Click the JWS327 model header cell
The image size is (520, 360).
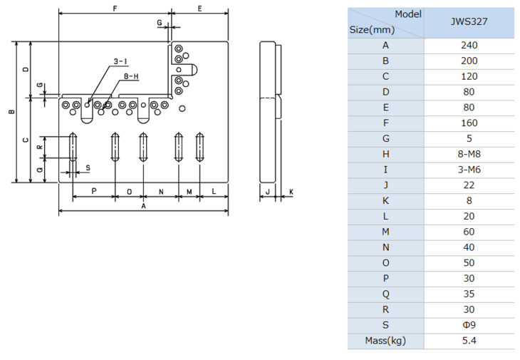[x=469, y=22]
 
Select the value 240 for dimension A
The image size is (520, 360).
[x=469, y=45]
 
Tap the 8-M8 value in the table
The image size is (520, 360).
[x=469, y=154]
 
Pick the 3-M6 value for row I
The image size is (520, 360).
[x=469, y=170]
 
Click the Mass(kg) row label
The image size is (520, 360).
[x=385, y=341]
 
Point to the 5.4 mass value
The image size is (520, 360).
[x=469, y=341]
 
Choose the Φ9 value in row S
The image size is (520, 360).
[x=469, y=325]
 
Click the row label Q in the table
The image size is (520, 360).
[x=385, y=294]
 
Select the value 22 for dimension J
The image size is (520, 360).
[x=469, y=185]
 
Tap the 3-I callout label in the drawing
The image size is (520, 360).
[x=120, y=61]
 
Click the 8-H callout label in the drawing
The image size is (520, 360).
[x=131, y=76]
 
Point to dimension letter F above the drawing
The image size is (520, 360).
[x=115, y=9]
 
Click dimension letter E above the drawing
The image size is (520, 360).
[x=199, y=9]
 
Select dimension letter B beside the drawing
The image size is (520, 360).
[x=12, y=112]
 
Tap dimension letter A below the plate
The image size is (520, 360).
[x=143, y=206]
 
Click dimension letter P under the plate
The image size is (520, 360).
[x=94, y=191]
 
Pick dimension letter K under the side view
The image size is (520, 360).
[x=291, y=192]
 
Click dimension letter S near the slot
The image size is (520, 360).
[x=88, y=168]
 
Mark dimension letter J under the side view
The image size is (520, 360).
[x=268, y=192]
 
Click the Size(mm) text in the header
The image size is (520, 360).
[x=372, y=30]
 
